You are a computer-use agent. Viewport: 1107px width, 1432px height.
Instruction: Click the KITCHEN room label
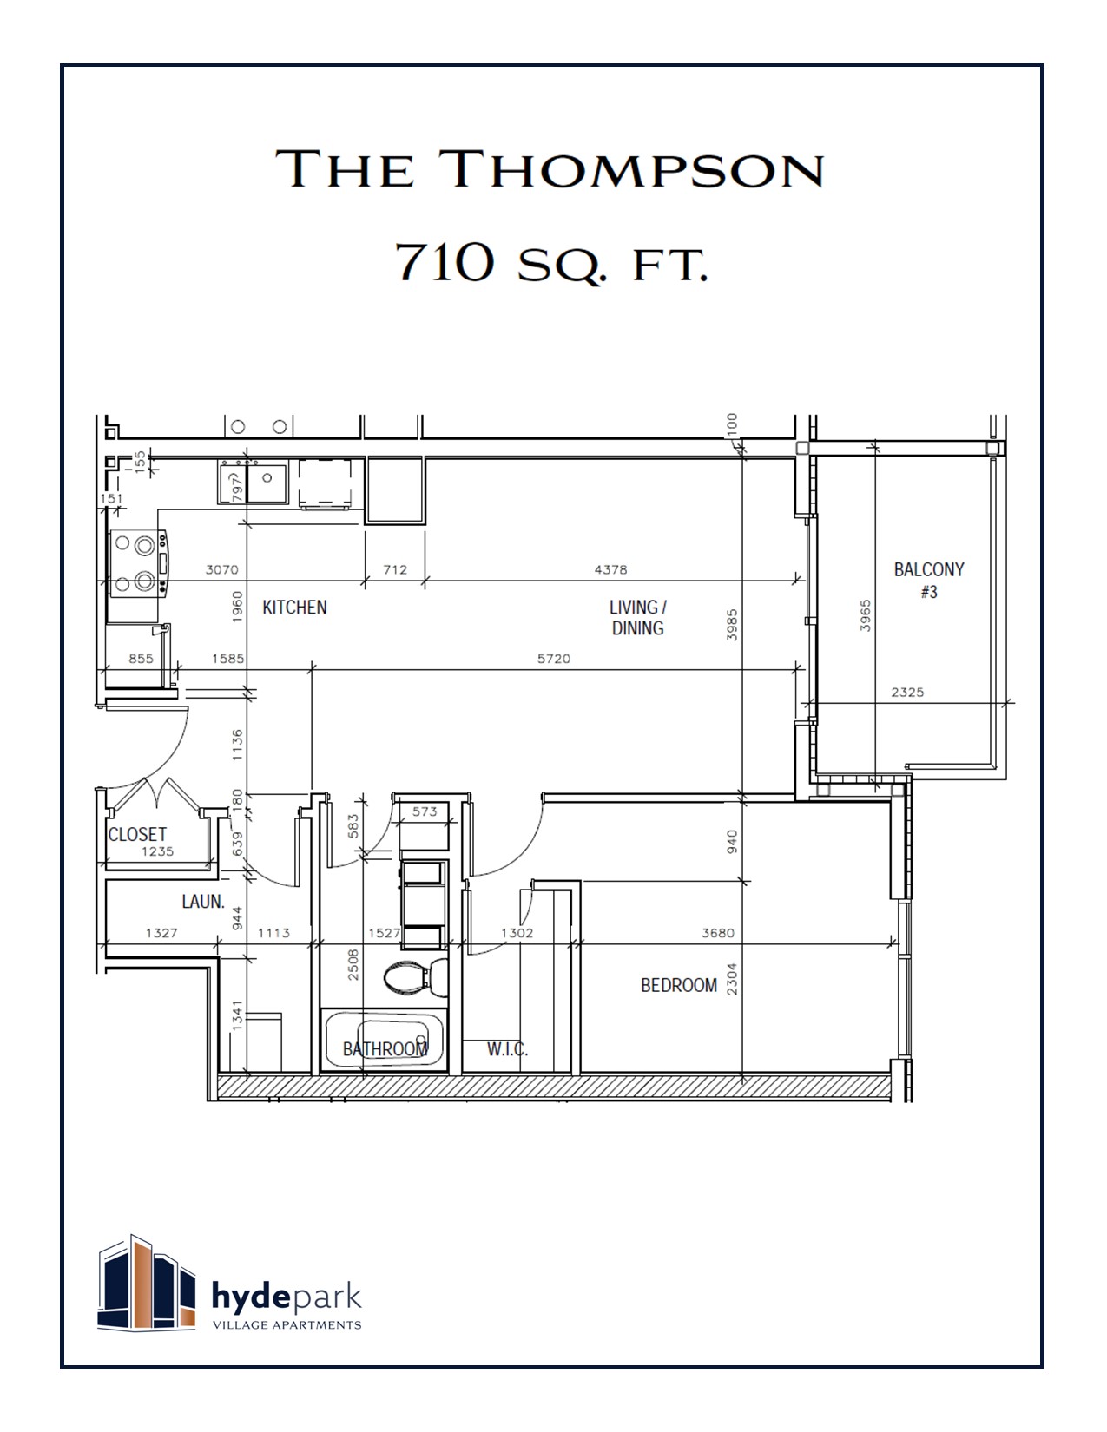click(294, 608)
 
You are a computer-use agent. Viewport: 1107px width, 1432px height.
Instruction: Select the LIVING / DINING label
click(637, 617)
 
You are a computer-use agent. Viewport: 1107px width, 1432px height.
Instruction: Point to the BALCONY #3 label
click(929, 580)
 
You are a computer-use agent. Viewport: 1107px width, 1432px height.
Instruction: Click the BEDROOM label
click(678, 985)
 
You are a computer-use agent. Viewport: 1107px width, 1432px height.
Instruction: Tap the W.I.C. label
click(507, 1049)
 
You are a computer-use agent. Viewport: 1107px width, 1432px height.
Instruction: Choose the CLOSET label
click(137, 834)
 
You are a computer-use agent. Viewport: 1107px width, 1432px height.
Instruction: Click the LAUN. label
click(203, 902)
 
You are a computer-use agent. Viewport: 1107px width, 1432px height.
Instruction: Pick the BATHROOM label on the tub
click(385, 1049)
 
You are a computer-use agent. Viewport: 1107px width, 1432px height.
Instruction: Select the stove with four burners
click(137, 564)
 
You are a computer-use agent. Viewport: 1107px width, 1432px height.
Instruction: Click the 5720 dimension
click(553, 659)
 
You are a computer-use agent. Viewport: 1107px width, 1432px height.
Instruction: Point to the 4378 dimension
click(610, 570)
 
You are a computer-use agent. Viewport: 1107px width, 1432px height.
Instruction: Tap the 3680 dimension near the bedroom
click(717, 933)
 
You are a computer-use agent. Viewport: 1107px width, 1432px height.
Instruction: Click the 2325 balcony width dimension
click(907, 693)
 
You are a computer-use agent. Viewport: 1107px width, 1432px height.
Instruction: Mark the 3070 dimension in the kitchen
click(221, 570)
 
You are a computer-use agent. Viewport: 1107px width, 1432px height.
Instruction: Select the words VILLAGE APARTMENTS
click(287, 1325)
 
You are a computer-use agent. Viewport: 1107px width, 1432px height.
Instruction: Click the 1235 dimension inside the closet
click(157, 851)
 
